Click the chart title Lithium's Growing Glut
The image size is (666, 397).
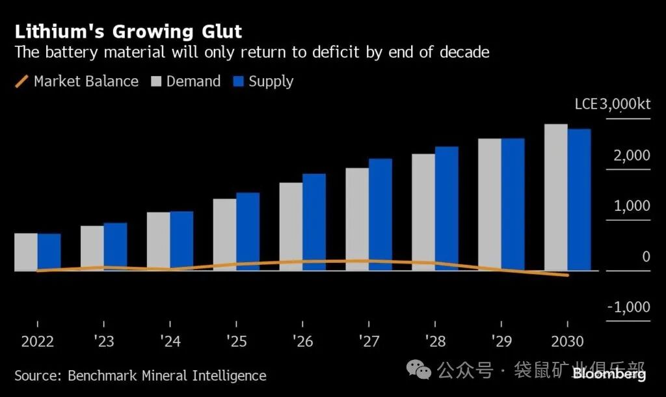[x=128, y=31]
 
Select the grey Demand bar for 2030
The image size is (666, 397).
[x=556, y=197]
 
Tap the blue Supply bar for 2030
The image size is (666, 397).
[x=579, y=199]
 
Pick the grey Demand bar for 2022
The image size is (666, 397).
[x=26, y=251]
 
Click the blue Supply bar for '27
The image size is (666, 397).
[x=380, y=214]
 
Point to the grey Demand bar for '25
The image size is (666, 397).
[x=224, y=234]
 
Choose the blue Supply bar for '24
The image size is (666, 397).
[x=181, y=240]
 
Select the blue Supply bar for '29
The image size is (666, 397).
[x=513, y=204]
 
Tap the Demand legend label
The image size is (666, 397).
[x=193, y=81]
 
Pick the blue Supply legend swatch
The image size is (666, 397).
[x=237, y=81]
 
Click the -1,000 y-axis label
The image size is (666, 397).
[x=628, y=307]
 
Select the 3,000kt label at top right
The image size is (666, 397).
[x=625, y=104]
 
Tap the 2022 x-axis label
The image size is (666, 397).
[x=37, y=342]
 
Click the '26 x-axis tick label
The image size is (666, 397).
[x=302, y=342]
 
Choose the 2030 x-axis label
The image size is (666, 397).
[x=567, y=342]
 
